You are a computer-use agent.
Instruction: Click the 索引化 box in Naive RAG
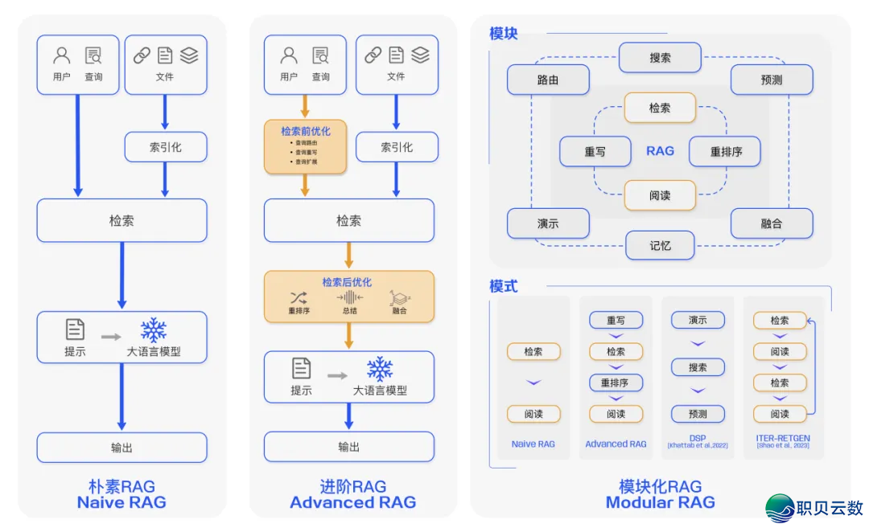pos(166,147)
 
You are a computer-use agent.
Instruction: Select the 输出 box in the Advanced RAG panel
pos(349,447)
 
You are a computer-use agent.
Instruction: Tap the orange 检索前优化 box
pos(305,146)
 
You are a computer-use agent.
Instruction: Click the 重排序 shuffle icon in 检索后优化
pos(299,298)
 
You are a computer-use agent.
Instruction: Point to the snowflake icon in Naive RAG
pos(153,329)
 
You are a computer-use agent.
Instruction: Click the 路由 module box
pos(548,80)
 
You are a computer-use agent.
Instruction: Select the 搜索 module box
pos(660,58)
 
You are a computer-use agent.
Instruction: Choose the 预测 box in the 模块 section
pos(772,80)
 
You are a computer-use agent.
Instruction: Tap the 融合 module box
pos(772,223)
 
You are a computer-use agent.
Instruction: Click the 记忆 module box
pos(660,245)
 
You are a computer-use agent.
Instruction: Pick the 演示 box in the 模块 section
pos(548,223)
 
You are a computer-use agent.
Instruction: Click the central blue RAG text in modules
pos(660,151)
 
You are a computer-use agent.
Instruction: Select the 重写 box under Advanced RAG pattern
pos(616,320)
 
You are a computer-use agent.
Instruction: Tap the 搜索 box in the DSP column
pos(698,367)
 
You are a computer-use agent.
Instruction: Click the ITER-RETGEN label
pos(783,439)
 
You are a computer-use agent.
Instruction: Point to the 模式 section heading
pos(504,286)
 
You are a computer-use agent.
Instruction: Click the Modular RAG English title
pos(660,502)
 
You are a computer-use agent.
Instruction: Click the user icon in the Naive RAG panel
pos(62,55)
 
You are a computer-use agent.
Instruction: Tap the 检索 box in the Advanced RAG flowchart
pos(349,220)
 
